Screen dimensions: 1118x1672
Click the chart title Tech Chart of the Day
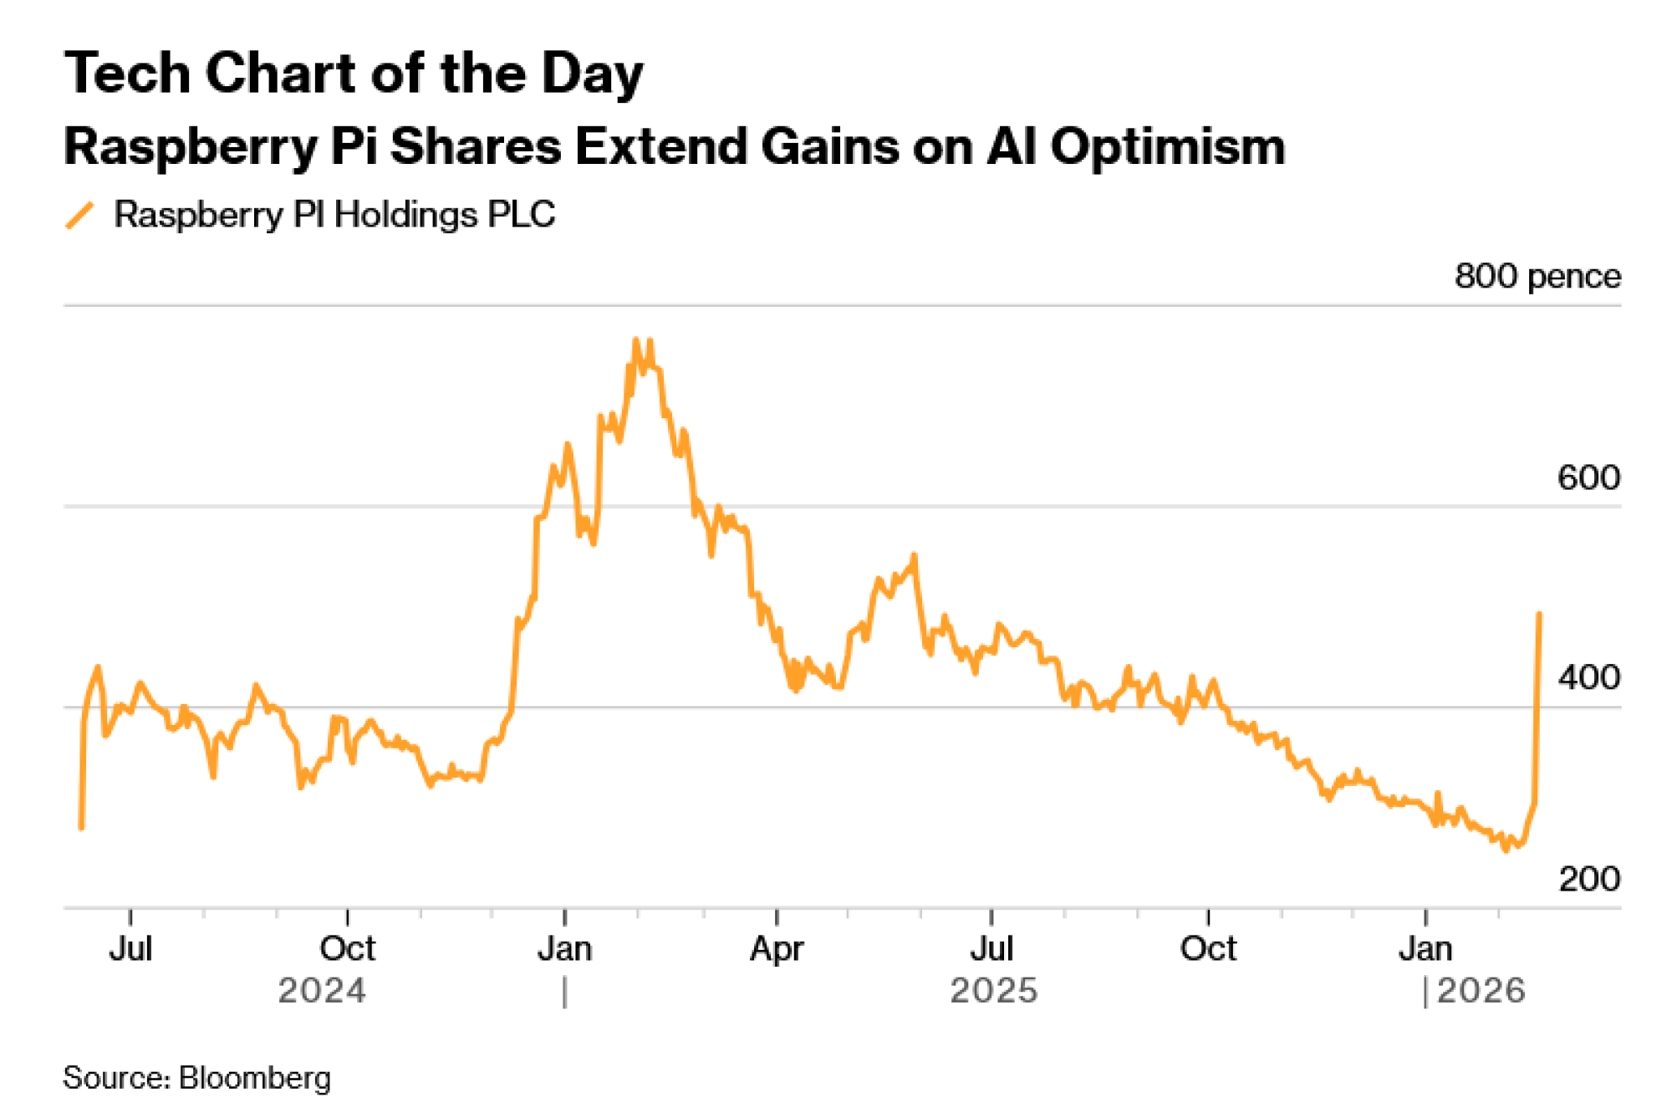(x=354, y=74)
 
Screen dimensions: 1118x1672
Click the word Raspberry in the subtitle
(x=191, y=147)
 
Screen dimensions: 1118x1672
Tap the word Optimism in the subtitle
(x=1167, y=147)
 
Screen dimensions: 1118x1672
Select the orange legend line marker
(x=80, y=215)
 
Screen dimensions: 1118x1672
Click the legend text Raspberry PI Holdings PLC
(x=334, y=215)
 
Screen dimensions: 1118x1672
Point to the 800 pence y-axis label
(x=1537, y=276)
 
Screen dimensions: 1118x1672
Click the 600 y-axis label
(x=1588, y=477)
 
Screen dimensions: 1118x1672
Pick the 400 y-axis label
(x=1588, y=677)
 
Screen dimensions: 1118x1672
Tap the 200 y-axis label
(x=1588, y=879)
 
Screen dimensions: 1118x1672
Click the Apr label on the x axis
(x=776, y=949)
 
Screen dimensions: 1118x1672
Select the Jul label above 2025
(x=991, y=949)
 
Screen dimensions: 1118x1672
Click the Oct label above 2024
(x=347, y=949)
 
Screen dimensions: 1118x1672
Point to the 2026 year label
(x=1481, y=992)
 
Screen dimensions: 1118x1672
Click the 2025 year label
(x=993, y=992)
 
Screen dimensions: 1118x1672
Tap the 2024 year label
(x=322, y=992)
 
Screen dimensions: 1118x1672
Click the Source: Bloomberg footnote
(x=197, y=1078)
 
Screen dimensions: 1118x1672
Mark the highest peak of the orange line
(x=636, y=339)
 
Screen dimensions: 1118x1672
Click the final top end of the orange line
(x=1539, y=615)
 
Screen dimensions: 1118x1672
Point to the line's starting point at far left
(x=81, y=828)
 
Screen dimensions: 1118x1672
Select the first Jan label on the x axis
(x=565, y=949)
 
